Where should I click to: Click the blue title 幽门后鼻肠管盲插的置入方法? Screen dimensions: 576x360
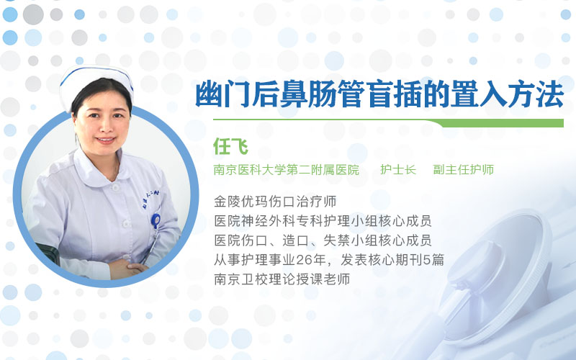(379, 94)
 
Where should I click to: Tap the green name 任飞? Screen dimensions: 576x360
(230, 147)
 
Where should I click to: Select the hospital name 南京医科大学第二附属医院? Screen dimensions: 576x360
(286, 170)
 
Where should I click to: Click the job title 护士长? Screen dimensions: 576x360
(398, 170)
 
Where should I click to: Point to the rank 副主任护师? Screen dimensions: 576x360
(463, 170)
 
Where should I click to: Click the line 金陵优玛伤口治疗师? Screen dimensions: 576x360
(275, 202)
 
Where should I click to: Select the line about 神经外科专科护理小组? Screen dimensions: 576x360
(323, 221)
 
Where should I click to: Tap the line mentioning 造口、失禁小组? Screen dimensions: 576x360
(323, 240)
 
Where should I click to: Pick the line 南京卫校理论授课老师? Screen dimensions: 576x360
(282, 279)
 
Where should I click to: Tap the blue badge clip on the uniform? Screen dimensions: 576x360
(156, 220)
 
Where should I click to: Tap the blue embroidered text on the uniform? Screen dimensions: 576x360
(150, 199)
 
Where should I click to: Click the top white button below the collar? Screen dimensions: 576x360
(115, 187)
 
